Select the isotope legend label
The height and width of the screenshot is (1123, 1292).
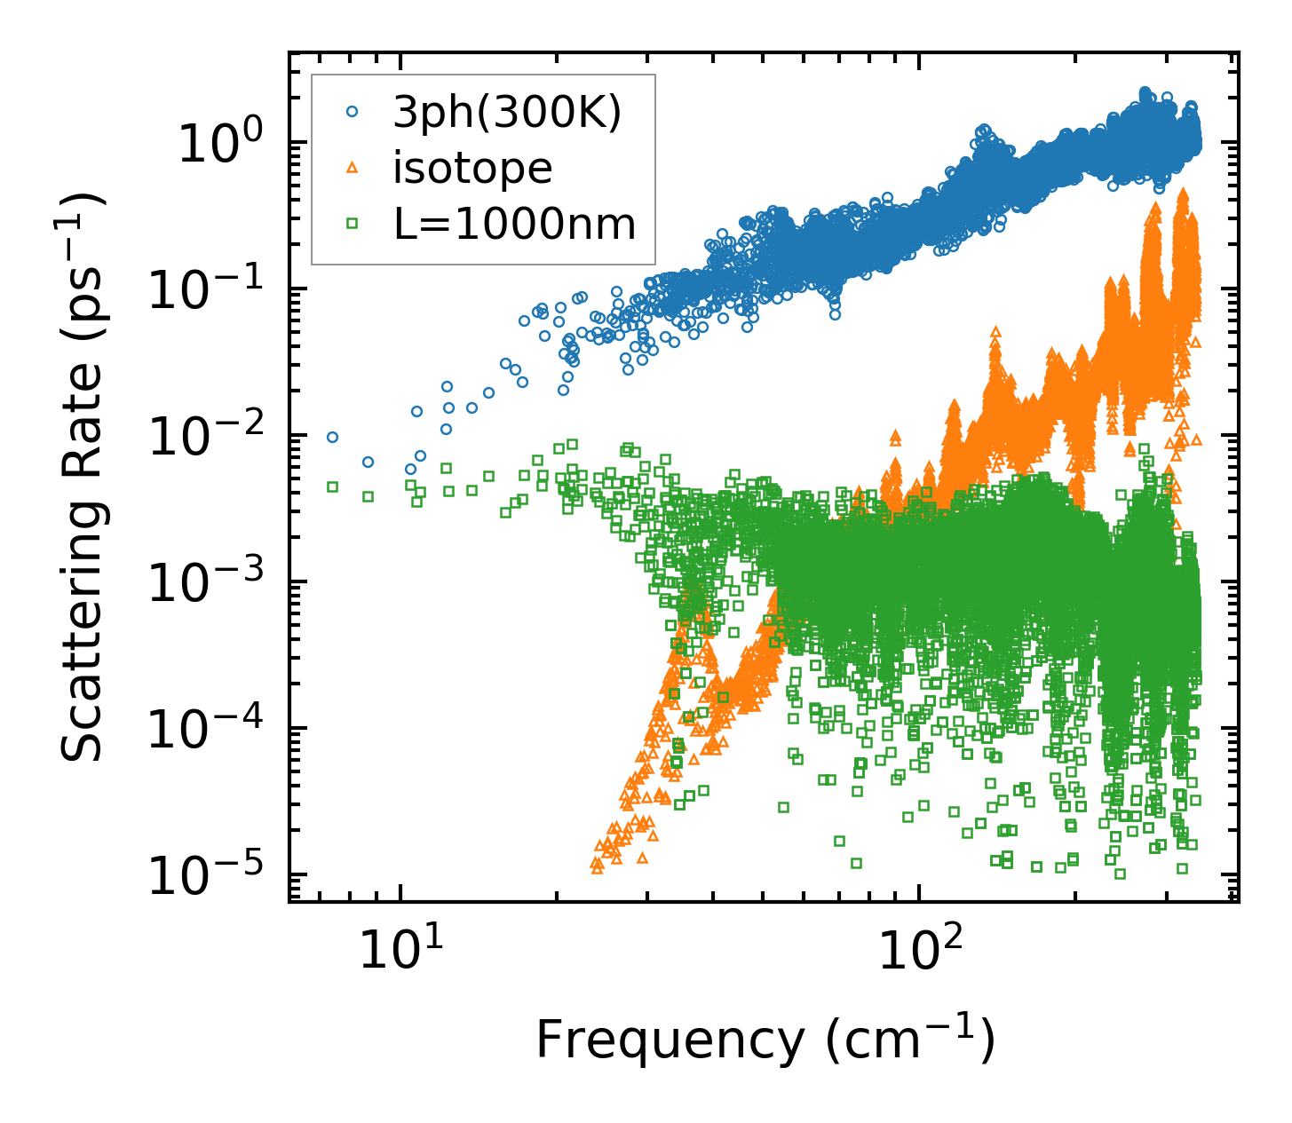(472, 169)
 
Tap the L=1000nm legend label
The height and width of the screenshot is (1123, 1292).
(515, 225)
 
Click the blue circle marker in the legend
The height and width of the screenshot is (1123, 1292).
(353, 112)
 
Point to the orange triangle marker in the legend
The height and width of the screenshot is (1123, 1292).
(353, 168)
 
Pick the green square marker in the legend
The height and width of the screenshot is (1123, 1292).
(353, 225)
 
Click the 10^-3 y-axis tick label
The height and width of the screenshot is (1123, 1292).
(213, 581)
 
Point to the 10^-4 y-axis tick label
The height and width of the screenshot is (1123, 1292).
(213, 728)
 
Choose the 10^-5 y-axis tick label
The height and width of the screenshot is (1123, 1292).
(213, 874)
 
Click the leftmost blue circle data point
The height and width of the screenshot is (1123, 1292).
(333, 437)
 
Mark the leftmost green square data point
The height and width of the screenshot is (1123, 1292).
(333, 486)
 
